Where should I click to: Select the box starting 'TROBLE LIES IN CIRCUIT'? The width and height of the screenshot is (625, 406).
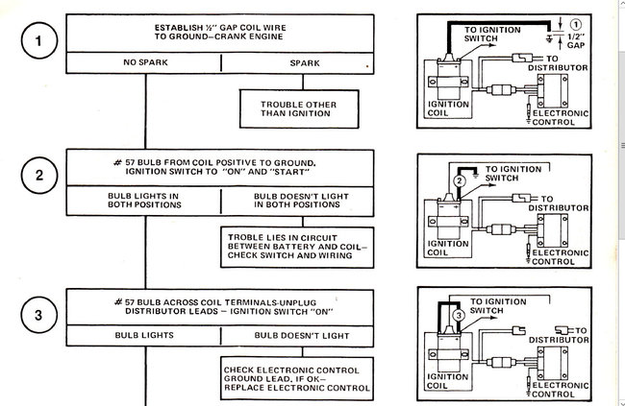point(295,246)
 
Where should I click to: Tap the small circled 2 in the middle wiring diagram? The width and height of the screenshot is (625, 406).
point(460,179)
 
